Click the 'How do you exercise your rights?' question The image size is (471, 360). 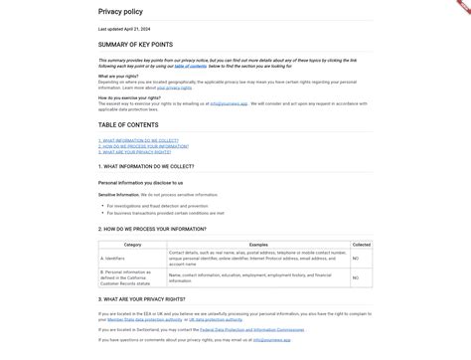(129, 97)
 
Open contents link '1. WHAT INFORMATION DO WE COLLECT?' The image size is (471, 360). (139, 141)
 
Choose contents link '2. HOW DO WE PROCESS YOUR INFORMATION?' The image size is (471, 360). (144, 147)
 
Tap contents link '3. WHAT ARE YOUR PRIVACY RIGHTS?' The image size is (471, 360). (135, 152)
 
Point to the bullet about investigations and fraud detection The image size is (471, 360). (165, 206)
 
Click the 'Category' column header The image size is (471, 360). (132, 244)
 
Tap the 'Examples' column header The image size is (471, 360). (258, 244)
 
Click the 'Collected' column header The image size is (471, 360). (361, 244)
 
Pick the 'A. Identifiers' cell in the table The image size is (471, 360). (115, 258)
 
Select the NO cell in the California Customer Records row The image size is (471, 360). (356, 275)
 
